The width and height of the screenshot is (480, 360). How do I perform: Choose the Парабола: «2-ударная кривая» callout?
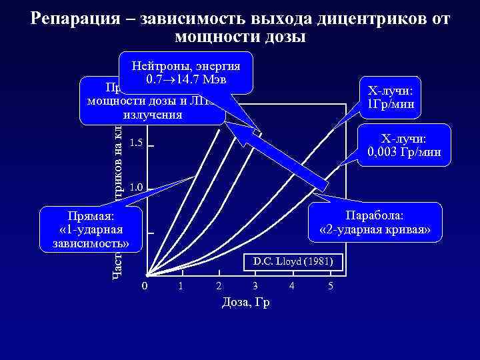[x=376, y=223]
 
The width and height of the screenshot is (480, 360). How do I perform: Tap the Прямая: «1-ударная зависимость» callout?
[x=91, y=230]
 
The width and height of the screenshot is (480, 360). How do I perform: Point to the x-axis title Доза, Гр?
[x=245, y=302]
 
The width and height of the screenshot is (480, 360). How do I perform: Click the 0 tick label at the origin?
[x=145, y=287]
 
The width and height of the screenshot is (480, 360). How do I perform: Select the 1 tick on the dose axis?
[x=181, y=287]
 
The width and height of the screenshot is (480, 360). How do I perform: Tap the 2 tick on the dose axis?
[x=218, y=287]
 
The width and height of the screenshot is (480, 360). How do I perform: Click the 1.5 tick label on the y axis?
[x=136, y=143]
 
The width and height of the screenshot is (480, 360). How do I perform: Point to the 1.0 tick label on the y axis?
[x=136, y=187]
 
